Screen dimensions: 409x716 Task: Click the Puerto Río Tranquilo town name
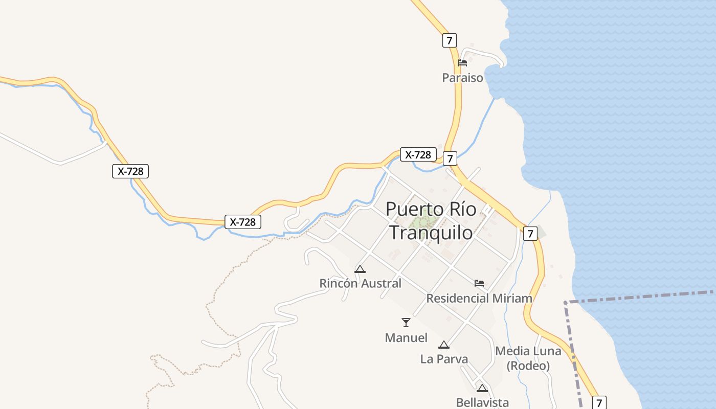pyautogui.click(x=431, y=221)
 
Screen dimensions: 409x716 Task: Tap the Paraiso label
pyautogui.click(x=462, y=78)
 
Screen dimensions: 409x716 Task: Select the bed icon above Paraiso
pyautogui.click(x=462, y=63)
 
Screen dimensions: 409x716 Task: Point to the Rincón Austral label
pyautogui.click(x=360, y=283)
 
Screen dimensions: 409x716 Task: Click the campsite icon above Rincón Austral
pyautogui.click(x=360, y=269)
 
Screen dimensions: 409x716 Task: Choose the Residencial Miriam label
pyautogui.click(x=479, y=298)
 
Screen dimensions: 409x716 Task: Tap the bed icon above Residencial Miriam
pyautogui.click(x=479, y=283)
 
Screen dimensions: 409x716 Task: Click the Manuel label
pyautogui.click(x=406, y=338)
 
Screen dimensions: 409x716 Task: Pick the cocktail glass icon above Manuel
pyautogui.click(x=406, y=322)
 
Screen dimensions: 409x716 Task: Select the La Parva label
pyautogui.click(x=444, y=359)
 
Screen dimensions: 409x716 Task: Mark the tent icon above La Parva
pyautogui.click(x=444, y=345)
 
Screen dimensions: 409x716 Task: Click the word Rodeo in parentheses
pyautogui.click(x=528, y=366)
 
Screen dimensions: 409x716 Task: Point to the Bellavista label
pyautogui.click(x=482, y=403)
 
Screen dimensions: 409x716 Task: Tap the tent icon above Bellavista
pyautogui.click(x=482, y=388)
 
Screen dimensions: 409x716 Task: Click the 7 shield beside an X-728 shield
pyautogui.click(x=450, y=158)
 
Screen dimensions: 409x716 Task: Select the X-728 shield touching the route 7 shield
pyautogui.click(x=418, y=154)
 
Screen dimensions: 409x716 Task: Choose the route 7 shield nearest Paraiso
pyautogui.click(x=449, y=40)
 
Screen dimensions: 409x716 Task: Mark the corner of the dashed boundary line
pyautogui.click(x=566, y=303)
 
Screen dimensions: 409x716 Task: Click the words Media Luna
pyautogui.click(x=528, y=351)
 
